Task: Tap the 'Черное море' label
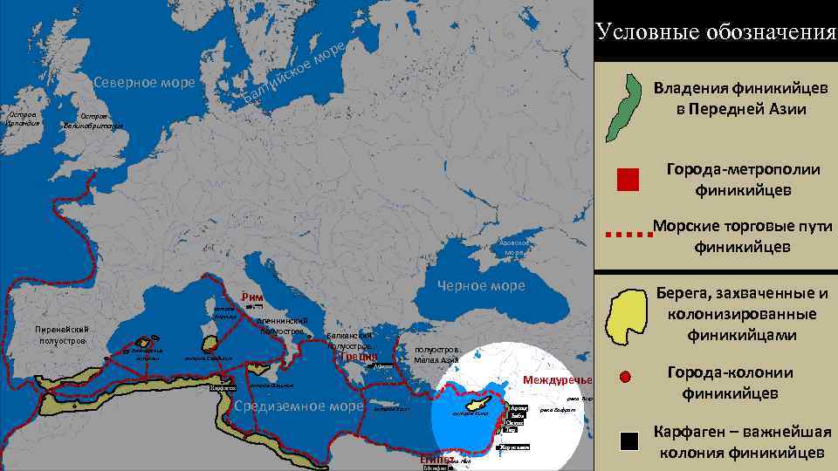[x=481, y=286]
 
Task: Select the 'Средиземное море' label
[x=298, y=406]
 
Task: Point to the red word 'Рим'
[x=252, y=295]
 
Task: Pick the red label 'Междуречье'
[x=557, y=380]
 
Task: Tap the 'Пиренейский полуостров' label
[x=58, y=334]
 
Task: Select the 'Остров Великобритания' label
[x=93, y=120]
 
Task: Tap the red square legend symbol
[x=628, y=180]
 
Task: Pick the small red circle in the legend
[x=625, y=378]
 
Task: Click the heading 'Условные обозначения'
[x=716, y=32]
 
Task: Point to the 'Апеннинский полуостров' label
[x=281, y=325]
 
